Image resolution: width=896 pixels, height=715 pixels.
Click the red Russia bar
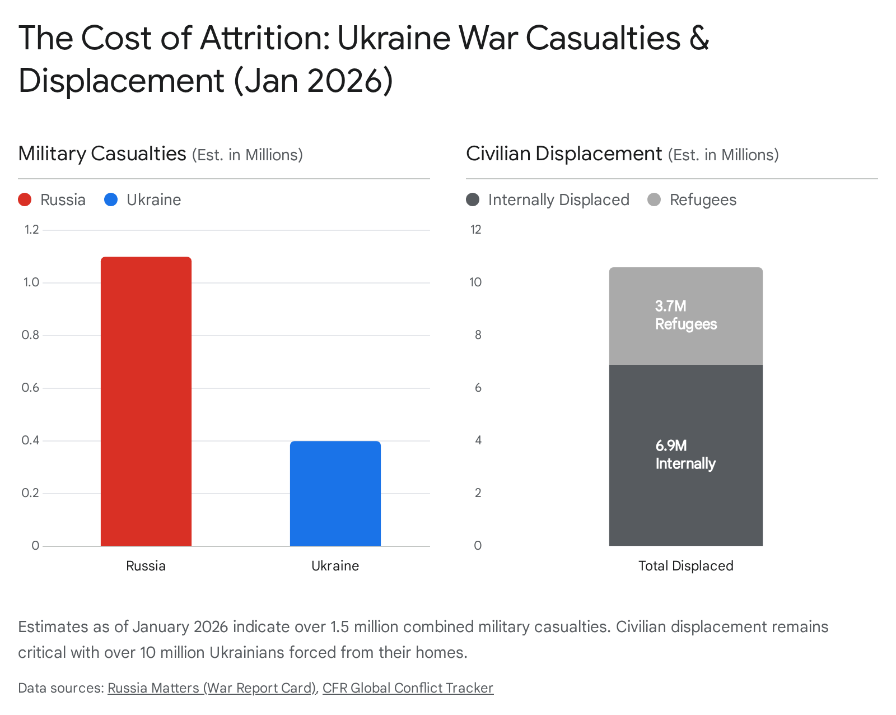(x=146, y=401)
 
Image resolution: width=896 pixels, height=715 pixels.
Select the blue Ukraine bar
(x=335, y=493)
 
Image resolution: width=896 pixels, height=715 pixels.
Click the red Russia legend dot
(x=25, y=199)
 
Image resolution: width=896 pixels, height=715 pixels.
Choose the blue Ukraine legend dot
(x=111, y=199)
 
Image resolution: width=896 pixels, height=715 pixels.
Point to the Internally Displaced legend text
(x=558, y=199)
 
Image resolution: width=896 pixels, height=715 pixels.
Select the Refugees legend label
(x=703, y=199)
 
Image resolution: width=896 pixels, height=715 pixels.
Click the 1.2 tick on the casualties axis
(x=31, y=229)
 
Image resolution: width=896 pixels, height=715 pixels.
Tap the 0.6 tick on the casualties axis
(x=30, y=388)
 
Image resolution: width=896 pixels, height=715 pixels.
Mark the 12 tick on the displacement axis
(x=475, y=229)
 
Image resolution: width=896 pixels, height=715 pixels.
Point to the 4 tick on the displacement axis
(x=478, y=440)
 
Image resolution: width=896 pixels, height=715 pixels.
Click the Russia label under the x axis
(x=146, y=565)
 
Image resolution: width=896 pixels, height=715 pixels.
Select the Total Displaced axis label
(x=685, y=565)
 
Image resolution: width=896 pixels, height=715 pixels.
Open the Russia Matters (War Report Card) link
(x=212, y=688)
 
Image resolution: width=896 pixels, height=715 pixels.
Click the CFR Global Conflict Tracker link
(x=408, y=688)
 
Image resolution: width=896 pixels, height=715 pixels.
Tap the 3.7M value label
(x=670, y=306)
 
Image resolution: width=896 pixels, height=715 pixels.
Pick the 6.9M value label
(x=671, y=445)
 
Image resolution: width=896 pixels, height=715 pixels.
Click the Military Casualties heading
(x=102, y=154)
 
